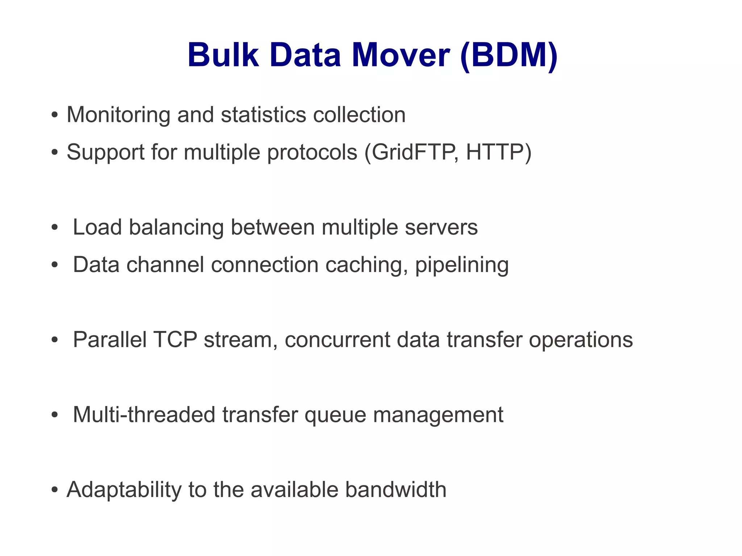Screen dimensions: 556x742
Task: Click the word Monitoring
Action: (x=118, y=115)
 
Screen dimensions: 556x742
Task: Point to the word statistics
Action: (x=263, y=115)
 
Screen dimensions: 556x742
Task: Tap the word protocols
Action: (x=312, y=153)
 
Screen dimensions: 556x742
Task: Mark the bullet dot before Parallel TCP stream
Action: (x=54, y=340)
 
